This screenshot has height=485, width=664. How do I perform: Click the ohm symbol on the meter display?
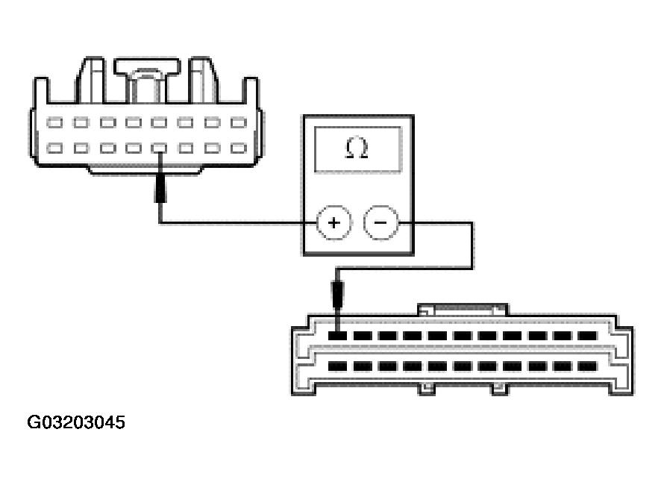[357, 148]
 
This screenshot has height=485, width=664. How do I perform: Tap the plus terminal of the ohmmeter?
[334, 223]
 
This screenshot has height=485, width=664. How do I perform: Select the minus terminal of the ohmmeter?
[380, 223]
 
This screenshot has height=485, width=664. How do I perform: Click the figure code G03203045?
[76, 423]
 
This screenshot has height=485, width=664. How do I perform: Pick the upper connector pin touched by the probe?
[159, 148]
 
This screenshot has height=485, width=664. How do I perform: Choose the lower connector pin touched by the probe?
[339, 336]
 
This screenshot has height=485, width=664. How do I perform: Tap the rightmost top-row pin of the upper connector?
[238, 123]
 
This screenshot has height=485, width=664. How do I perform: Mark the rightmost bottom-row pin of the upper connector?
[238, 148]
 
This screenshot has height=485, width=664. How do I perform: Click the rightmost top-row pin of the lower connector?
[587, 336]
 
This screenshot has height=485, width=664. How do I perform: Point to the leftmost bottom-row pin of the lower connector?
[339, 366]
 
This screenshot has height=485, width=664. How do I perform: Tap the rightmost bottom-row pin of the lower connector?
[587, 366]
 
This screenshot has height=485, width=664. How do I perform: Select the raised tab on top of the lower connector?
[463, 308]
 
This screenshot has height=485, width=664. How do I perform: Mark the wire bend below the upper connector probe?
[160, 222]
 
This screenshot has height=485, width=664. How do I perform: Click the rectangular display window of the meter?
[357, 149]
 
